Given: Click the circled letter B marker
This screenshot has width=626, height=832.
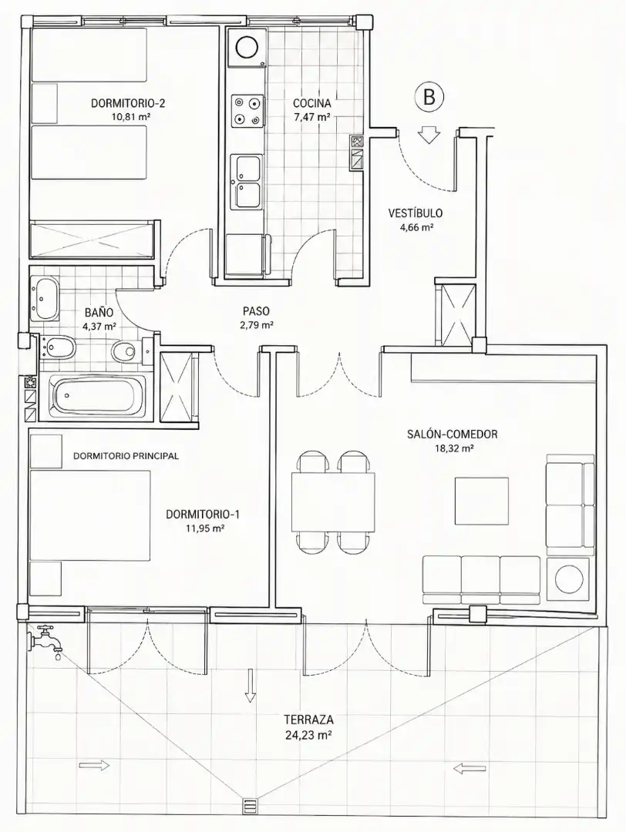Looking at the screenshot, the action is point(429,96).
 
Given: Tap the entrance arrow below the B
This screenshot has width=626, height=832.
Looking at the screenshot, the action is point(429,135).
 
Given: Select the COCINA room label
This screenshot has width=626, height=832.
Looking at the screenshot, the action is point(311,103).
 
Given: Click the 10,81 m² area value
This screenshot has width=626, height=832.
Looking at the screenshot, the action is point(127,117).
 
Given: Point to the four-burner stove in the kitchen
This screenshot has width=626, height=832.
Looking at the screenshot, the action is point(247,112).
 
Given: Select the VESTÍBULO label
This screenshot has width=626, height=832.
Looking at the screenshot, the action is point(416,213).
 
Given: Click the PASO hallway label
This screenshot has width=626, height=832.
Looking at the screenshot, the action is point(256,311).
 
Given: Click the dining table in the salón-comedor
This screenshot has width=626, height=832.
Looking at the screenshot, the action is point(333,502).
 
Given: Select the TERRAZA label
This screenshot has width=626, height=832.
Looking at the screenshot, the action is point(308,720).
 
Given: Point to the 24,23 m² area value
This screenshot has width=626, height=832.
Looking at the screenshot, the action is point(308,735).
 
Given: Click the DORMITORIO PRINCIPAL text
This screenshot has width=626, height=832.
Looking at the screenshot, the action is point(126,455).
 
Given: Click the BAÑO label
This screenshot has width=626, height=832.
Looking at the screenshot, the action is point(99,313).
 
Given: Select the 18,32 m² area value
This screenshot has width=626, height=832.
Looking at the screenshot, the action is point(453,448).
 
